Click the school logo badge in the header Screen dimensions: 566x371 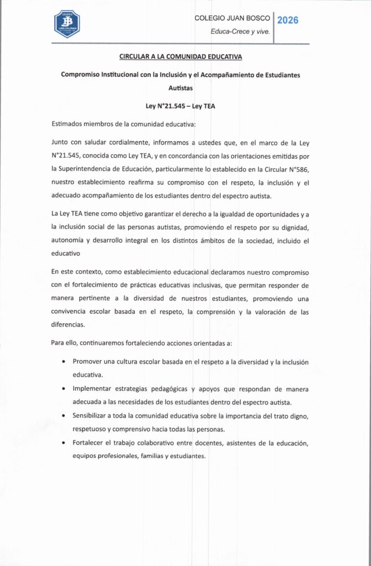[66, 24]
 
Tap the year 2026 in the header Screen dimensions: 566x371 [288, 20]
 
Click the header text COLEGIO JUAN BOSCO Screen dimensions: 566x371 [232, 18]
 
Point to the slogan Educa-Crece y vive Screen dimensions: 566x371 [241, 32]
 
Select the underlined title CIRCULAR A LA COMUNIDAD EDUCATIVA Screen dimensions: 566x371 [181, 56]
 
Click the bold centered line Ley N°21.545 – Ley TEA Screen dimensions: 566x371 [180, 106]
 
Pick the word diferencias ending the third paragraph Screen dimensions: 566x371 [68, 324]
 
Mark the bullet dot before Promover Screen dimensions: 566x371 [65, 362]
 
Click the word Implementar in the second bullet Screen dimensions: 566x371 [94, 389]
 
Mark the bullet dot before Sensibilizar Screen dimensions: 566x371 [65, 416]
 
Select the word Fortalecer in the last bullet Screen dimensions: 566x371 [90, 443]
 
